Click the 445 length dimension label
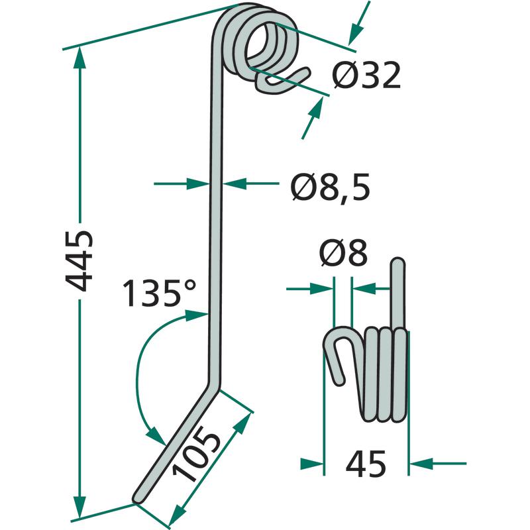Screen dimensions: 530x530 (79, 260)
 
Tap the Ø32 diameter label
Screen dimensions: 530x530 (366, 75)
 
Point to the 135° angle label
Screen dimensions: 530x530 (159, 293)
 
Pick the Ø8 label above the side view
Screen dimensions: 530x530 (343, 253)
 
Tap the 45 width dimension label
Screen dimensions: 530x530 (366, 464)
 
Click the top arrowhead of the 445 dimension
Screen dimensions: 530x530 (79, 58)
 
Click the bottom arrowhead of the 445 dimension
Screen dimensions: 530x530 (79, 507)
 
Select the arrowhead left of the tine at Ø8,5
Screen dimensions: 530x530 (197, 184)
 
